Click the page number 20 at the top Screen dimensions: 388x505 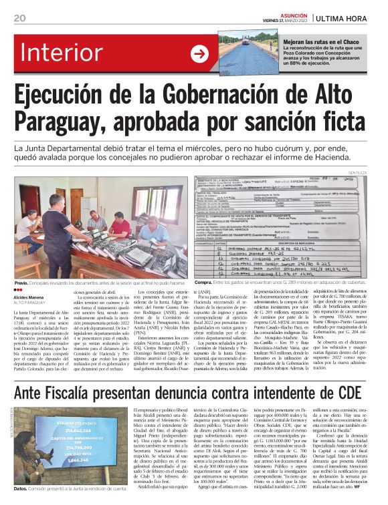click(21, 18)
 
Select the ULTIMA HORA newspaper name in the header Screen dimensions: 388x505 click(349, 18)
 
